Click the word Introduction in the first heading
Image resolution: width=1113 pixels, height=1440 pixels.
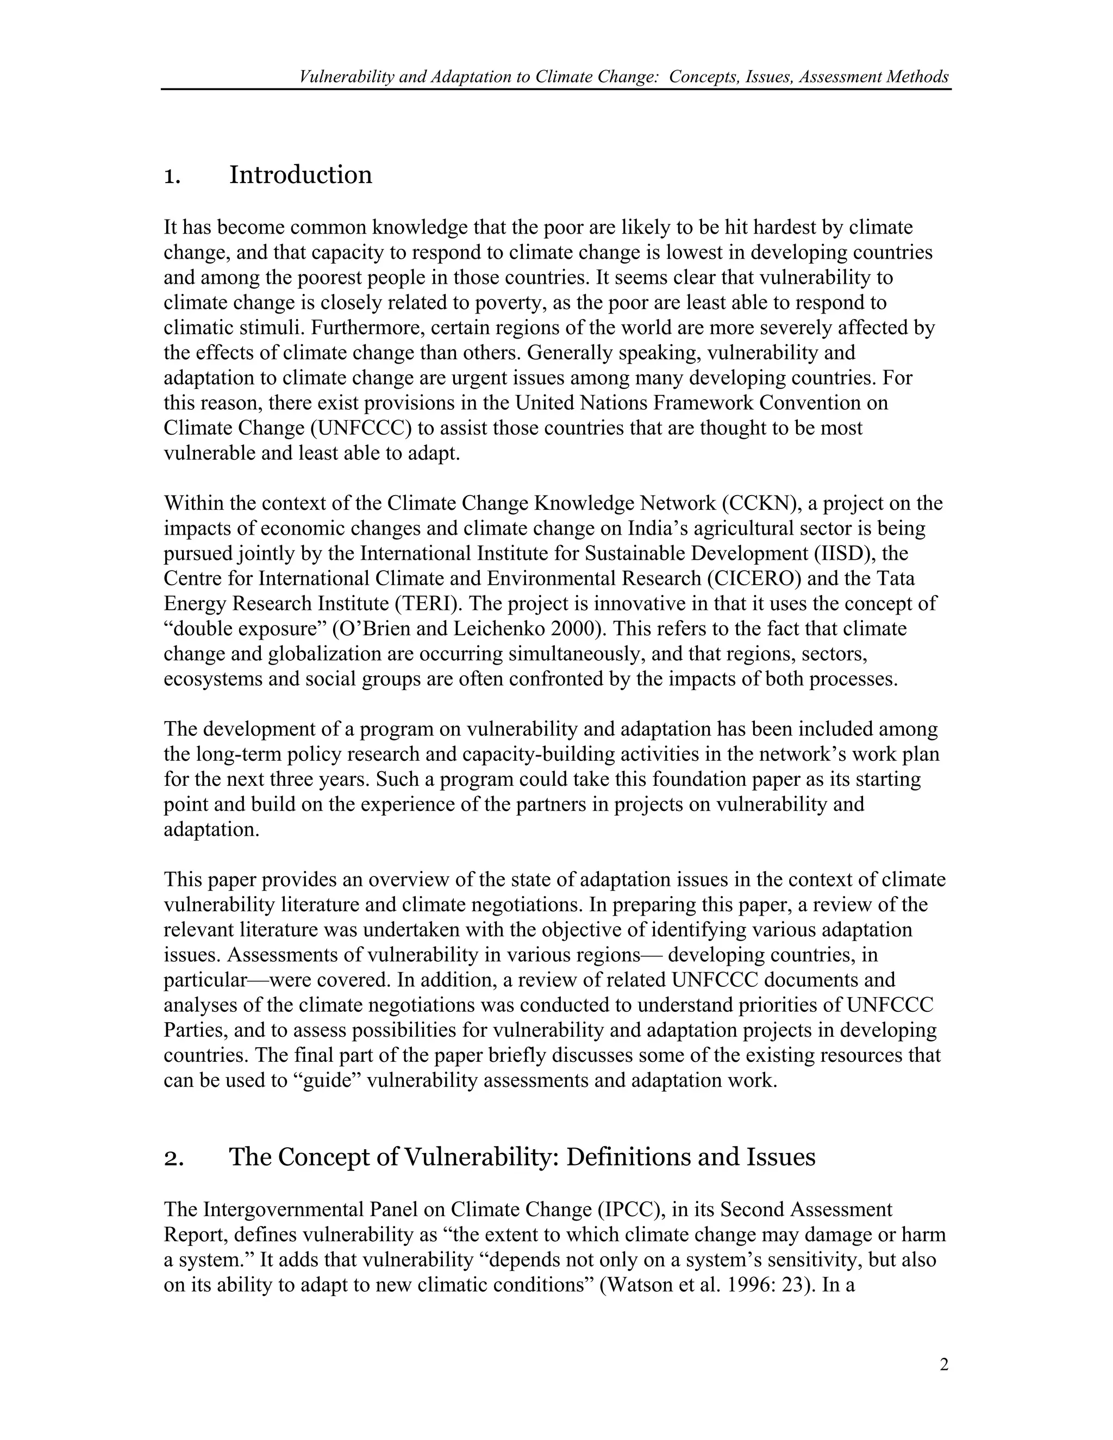pyautogui.click(x=301, y=176)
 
